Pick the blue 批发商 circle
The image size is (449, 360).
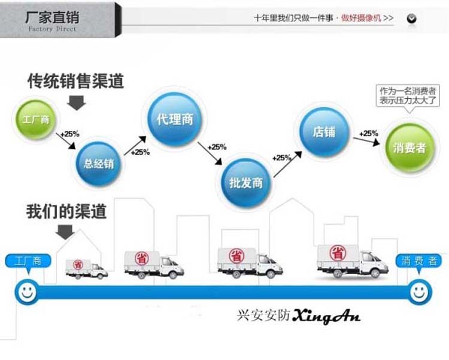coord(245,182)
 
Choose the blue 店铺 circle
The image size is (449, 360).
coord(324,132)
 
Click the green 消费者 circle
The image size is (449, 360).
coord(409,147)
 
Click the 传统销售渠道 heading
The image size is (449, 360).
coord(75,81)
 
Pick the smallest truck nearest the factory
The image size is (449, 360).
coord(86,268)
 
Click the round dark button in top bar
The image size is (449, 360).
coord(411,19)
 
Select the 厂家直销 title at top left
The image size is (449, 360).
coord(52,17)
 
